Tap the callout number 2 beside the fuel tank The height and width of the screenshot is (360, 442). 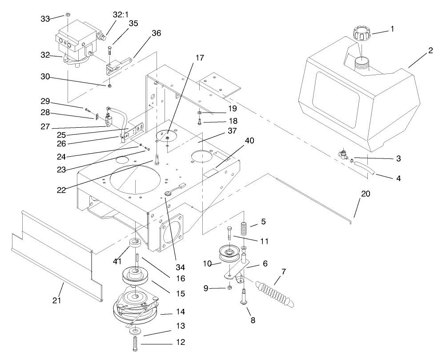(430, 51)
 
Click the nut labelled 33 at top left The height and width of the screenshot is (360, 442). (67, 15)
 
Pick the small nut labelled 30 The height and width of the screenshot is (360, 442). (109, 85)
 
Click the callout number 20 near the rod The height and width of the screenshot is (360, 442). (366, 194)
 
